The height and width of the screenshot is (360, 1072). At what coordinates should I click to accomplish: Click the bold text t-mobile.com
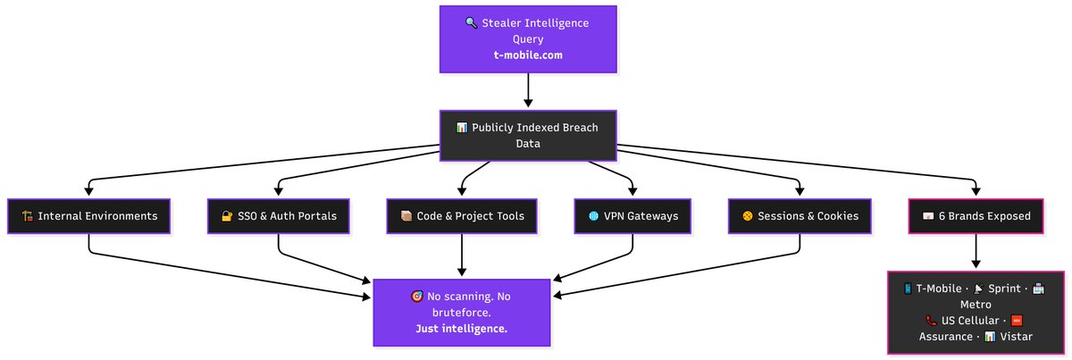coord(527,54)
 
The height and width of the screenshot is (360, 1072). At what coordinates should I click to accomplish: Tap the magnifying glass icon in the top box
coord(471,23)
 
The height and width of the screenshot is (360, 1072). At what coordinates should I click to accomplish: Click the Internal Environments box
coord(89,216)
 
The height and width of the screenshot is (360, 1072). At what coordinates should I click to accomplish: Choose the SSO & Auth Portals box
coord(279,216)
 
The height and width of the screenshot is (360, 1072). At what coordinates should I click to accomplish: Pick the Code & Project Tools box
coord(462,216)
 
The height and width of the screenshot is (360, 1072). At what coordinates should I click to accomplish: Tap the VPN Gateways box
coord(633,216)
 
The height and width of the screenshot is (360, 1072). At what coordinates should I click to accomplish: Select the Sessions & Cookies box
coord(799,216)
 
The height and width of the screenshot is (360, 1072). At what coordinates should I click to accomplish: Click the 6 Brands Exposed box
coord(976,216)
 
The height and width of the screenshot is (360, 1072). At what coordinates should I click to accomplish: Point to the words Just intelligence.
coord(461,329)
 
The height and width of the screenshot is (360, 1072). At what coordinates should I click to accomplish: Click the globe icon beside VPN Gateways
coord(593,216)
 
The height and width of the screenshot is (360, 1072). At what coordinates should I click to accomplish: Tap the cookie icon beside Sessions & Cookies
coord(748,216)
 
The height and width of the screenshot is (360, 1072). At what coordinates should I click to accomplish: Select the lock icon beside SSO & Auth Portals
coord(227,216)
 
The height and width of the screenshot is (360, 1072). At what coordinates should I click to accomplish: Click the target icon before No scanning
coord(416,297)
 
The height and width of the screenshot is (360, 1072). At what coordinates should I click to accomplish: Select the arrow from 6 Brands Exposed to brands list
coord(976,252)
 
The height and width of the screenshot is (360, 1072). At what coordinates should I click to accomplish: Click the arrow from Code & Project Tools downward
coord(462,255)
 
